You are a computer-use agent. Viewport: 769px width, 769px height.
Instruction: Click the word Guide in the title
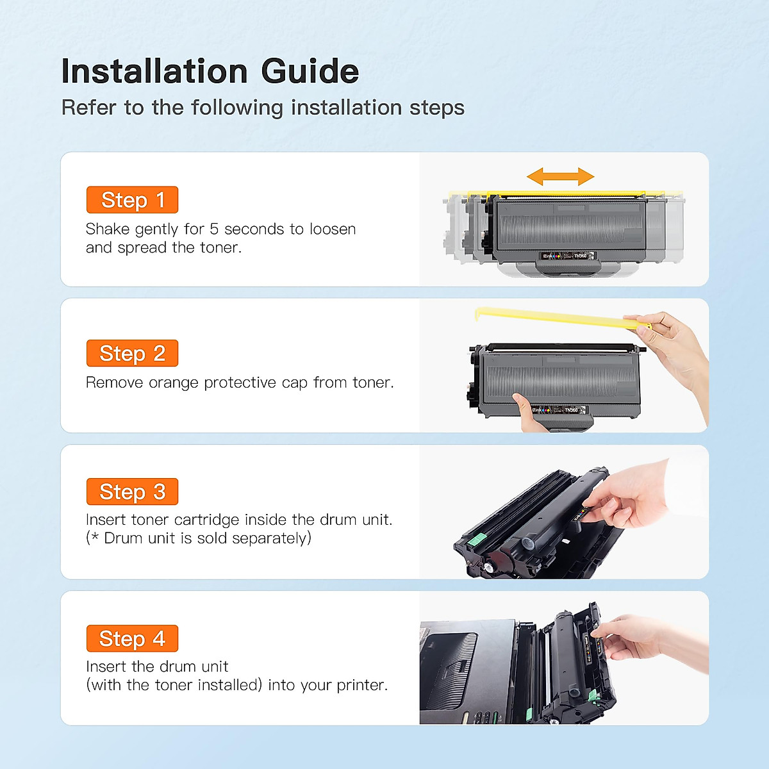(310, 71)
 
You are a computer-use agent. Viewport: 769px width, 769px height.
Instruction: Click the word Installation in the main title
(154, 71)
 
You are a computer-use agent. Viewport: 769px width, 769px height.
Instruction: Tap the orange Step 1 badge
(132, 200)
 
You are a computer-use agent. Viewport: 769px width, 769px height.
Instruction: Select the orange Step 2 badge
(132, 353)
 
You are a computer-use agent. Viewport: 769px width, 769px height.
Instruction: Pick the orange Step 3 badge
(132, 492)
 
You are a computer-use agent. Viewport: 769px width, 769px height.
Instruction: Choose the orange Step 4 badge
(132, 638)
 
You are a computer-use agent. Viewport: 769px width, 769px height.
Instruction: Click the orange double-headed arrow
(560, 176)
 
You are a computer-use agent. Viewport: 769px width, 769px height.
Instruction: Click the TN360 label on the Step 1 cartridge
(579, 256)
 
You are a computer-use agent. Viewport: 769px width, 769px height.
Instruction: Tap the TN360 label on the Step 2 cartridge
(570, 409)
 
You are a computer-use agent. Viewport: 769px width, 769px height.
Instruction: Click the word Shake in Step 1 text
(107, 229)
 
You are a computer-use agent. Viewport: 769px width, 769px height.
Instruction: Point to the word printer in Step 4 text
(361, 685)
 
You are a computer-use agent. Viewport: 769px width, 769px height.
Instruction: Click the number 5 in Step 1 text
(214, 229)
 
